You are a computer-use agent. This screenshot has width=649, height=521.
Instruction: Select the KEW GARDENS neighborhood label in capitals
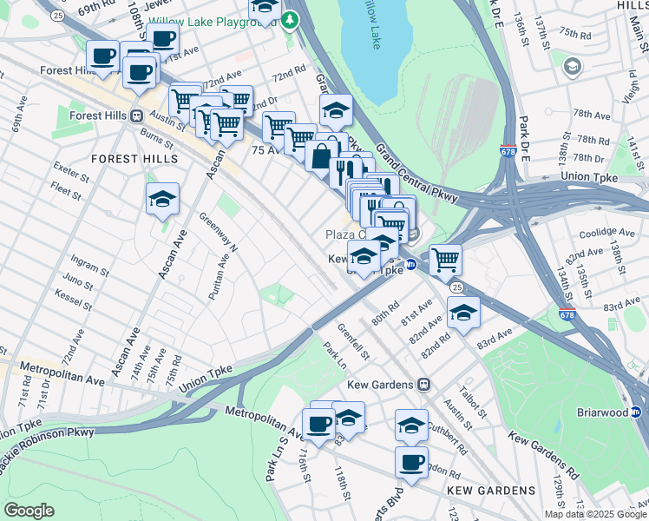tap(491, 491)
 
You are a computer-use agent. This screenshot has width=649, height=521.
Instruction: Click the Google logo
tap(29, 511)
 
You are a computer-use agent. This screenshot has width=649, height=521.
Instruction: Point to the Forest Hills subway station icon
tap(136, 115)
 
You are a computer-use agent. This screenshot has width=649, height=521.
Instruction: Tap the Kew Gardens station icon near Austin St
tap(424, 384)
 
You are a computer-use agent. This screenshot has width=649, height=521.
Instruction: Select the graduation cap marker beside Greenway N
tap(162, 199)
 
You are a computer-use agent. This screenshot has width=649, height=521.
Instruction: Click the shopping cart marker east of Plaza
tap(445, 259)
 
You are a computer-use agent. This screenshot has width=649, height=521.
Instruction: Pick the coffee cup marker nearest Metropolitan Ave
tap(320, 423)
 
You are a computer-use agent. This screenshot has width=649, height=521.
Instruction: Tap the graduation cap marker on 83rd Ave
tap(463, 313)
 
